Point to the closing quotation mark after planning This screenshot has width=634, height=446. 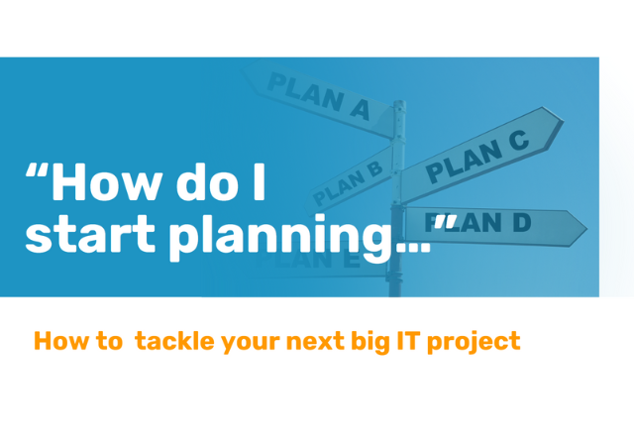tap(446, 222)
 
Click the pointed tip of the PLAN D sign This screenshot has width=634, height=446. tap(584, 229)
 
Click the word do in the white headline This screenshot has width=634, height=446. tap(204, 184)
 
